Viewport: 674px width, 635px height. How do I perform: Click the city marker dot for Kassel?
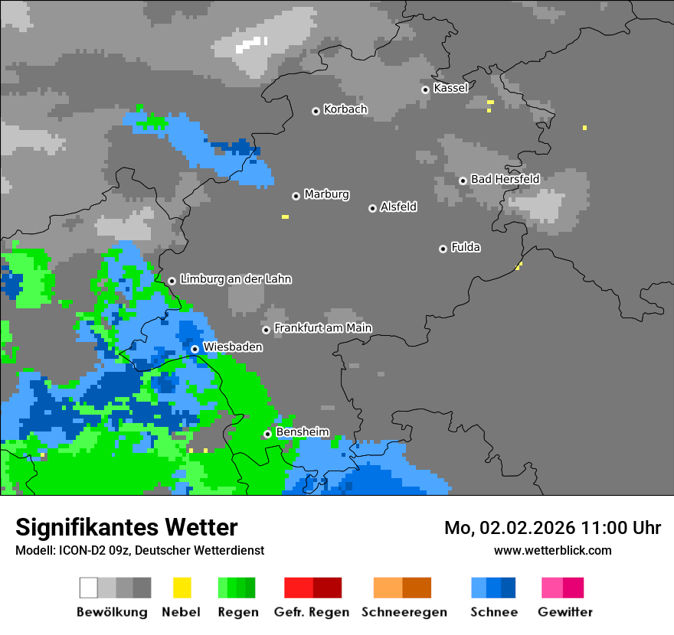[x=425, y=90]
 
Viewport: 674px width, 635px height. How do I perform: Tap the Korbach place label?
[x=345, y=109]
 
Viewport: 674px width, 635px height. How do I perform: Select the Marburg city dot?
[x=296, y=196]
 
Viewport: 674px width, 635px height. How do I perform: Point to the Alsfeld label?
[x=398, y=207]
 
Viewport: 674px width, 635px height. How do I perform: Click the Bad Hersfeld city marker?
[x=463, y=181]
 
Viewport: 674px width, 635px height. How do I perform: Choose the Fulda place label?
[x=466, y=247]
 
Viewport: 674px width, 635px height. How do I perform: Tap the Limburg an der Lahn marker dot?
[x=172, y=281]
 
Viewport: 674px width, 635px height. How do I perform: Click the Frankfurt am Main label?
[x=322, y=328]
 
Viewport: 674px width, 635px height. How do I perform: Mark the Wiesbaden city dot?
[x=195, y=349]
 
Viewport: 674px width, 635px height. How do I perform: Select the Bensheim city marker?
[x=267, y=434]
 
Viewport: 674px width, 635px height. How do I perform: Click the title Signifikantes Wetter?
[x=126, y=527]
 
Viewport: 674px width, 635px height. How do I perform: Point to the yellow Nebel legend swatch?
[x=182, y=588]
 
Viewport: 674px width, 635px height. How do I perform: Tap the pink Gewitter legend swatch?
[x=551, y=588]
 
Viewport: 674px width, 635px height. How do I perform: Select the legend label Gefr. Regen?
[x=312, y=612]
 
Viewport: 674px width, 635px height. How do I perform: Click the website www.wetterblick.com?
[x=552, y=550]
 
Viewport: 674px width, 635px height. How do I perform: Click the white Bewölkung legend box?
[x=89, y=588]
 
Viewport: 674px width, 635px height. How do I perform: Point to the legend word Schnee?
[x=494, y=612]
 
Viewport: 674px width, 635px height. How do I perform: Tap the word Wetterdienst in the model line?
[x=228, y=550]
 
